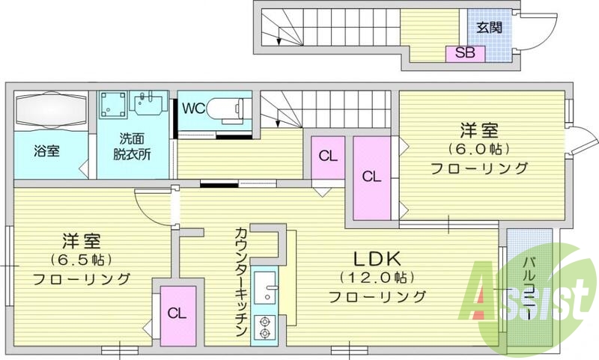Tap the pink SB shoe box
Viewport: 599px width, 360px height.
point(463,53)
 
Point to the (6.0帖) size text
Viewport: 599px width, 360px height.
point(478,149)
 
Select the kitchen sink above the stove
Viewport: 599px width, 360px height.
point(265,287)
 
